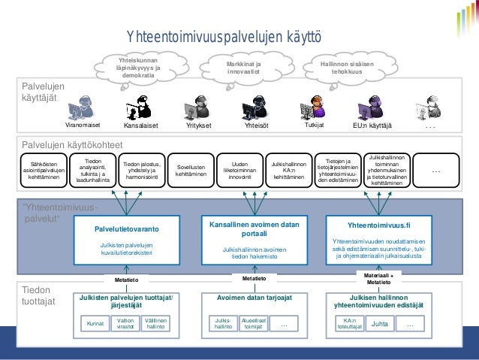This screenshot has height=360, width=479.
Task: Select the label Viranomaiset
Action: (x=82, y=126)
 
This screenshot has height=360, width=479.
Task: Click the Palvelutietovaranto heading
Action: (x=126, y=228)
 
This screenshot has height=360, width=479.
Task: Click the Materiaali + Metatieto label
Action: (x=378, y=279)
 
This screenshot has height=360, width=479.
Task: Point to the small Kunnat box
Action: (x=95, y=324)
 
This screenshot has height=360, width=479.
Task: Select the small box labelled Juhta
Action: (x=380, y=324)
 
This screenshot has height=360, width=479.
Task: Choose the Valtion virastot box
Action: (x=125, y=324)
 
